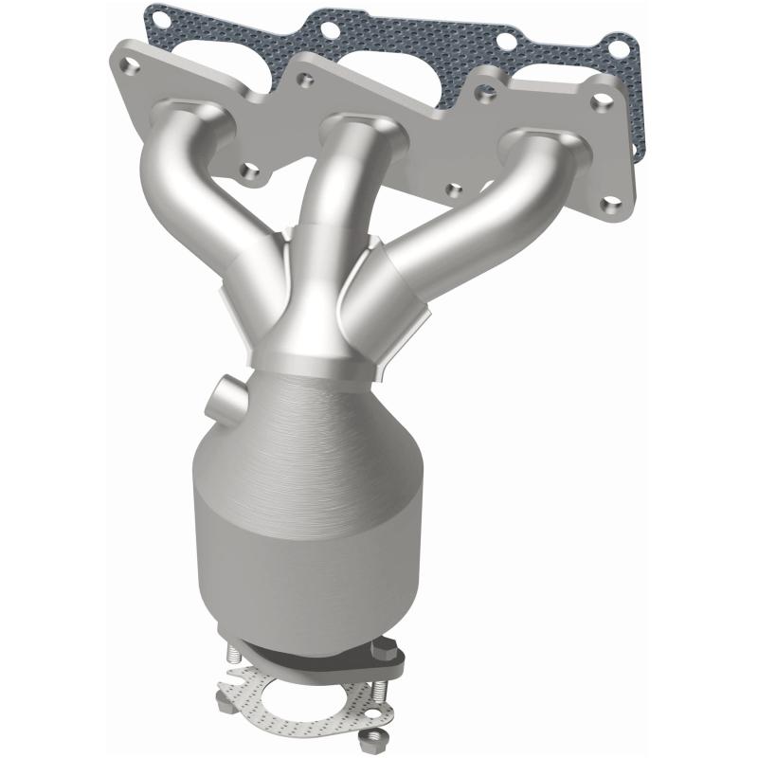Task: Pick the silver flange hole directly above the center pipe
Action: [305, 81]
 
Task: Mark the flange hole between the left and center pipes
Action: [250, 171]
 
